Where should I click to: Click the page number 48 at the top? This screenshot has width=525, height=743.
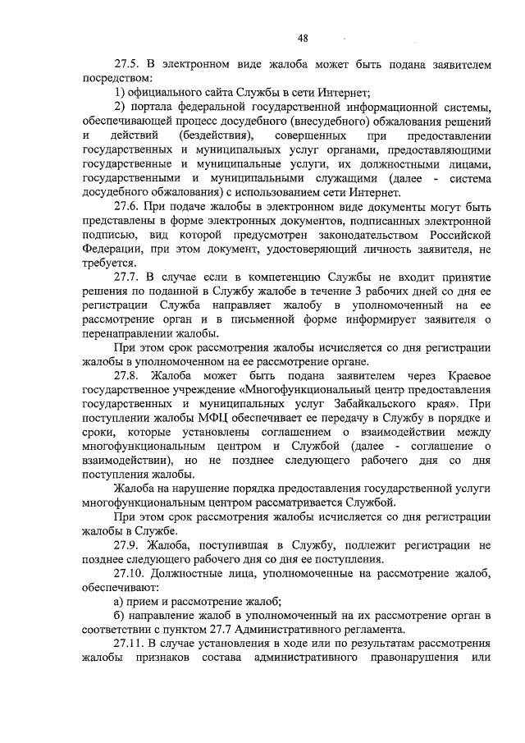click(304, 39)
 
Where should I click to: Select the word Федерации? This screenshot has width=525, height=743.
click(112, 251)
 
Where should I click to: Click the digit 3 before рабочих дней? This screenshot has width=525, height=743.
click(356, 294)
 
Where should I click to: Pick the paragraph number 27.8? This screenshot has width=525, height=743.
click(129, 378)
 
